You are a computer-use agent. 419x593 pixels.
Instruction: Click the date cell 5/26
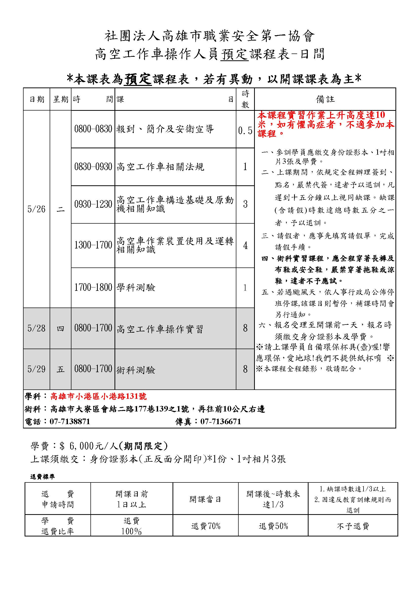tap(36, 209)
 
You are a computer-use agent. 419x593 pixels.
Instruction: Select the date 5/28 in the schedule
tap(36, 328)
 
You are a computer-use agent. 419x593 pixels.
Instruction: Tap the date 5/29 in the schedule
tap(36, 369)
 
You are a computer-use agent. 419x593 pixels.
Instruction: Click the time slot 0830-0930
tap(93, 167)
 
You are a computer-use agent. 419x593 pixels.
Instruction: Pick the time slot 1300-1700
tap(93, 245)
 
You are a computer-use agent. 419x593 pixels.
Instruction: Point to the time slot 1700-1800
tap(93, 287)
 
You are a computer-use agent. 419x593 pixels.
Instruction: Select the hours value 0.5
tap(245, 131)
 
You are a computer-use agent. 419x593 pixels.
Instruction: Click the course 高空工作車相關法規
tap(160, 167)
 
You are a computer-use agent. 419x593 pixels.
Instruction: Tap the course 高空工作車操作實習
tap(160, 329)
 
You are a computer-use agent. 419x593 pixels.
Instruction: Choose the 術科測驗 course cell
tap(136, 370)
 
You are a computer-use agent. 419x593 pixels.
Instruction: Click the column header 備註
tap(325, 99)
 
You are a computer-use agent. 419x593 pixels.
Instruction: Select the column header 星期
tap(61, 99)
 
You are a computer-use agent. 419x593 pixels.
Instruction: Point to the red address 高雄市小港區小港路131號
tap(99, 396)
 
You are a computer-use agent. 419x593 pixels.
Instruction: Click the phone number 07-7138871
tap(70, 422)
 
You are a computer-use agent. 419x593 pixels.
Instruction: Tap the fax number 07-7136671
tap(221, 422)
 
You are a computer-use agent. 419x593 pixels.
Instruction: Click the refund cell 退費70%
tap(206, 526)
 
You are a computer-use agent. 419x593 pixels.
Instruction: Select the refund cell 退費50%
tap(273, 526)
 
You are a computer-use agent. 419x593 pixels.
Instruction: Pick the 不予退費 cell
tap(353, 526)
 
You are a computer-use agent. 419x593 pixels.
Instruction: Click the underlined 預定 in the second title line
tap(235, 54)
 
